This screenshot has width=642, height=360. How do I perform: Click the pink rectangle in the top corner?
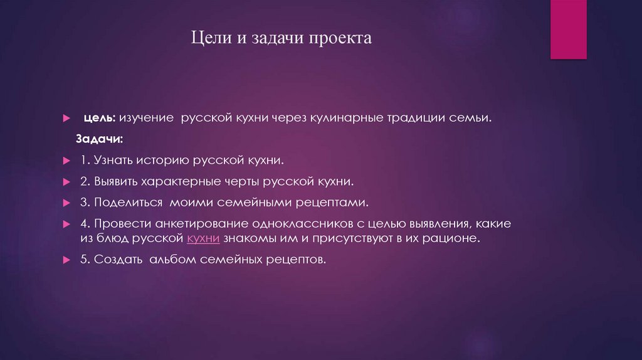[x=568, y=29]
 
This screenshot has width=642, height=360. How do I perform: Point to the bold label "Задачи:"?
[x=100, y=138]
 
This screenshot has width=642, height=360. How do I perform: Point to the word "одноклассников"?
[x=300, y=224]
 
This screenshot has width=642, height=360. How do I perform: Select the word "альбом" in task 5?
[x=174, y=259]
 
